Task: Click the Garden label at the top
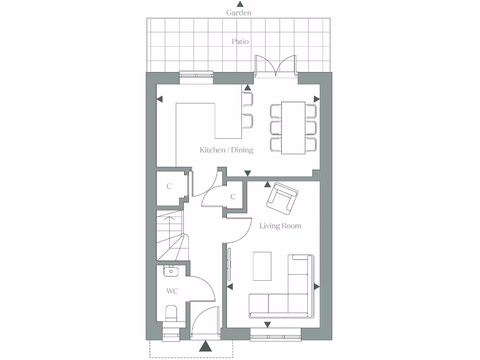[x=239, y=13]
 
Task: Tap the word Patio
[x=240, y=41]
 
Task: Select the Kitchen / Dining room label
[x=226, y=150]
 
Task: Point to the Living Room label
[x=280, y=226]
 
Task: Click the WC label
[x=172, y=291]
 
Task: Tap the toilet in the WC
[x=171, y=313]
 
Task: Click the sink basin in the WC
[x=171, y=270]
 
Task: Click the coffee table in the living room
[x=262, y=266]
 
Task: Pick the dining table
[x=293, y=127]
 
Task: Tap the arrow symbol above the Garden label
[x=240, y=4]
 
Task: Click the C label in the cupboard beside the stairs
[x=169, y=186]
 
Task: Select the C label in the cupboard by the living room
[x=233, y=197]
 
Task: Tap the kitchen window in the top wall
[x=196, y=75]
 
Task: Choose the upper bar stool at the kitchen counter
[x=247, y=99]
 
